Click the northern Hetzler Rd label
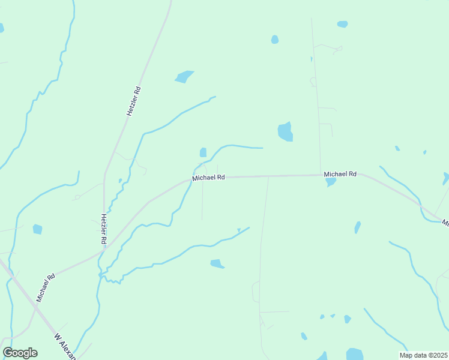133,101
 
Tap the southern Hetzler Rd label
104,229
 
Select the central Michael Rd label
208,178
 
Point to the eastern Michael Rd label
340,174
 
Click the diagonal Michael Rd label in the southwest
46,287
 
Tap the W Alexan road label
65,347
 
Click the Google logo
20,353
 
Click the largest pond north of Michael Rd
285,132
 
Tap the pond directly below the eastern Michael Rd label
330,182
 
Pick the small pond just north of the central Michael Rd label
203,152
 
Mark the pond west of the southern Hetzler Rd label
37,229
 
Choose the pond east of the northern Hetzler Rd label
184,77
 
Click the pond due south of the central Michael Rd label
217,263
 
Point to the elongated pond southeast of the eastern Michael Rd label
358,227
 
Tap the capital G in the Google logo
8,352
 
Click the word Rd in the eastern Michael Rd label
352,174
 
